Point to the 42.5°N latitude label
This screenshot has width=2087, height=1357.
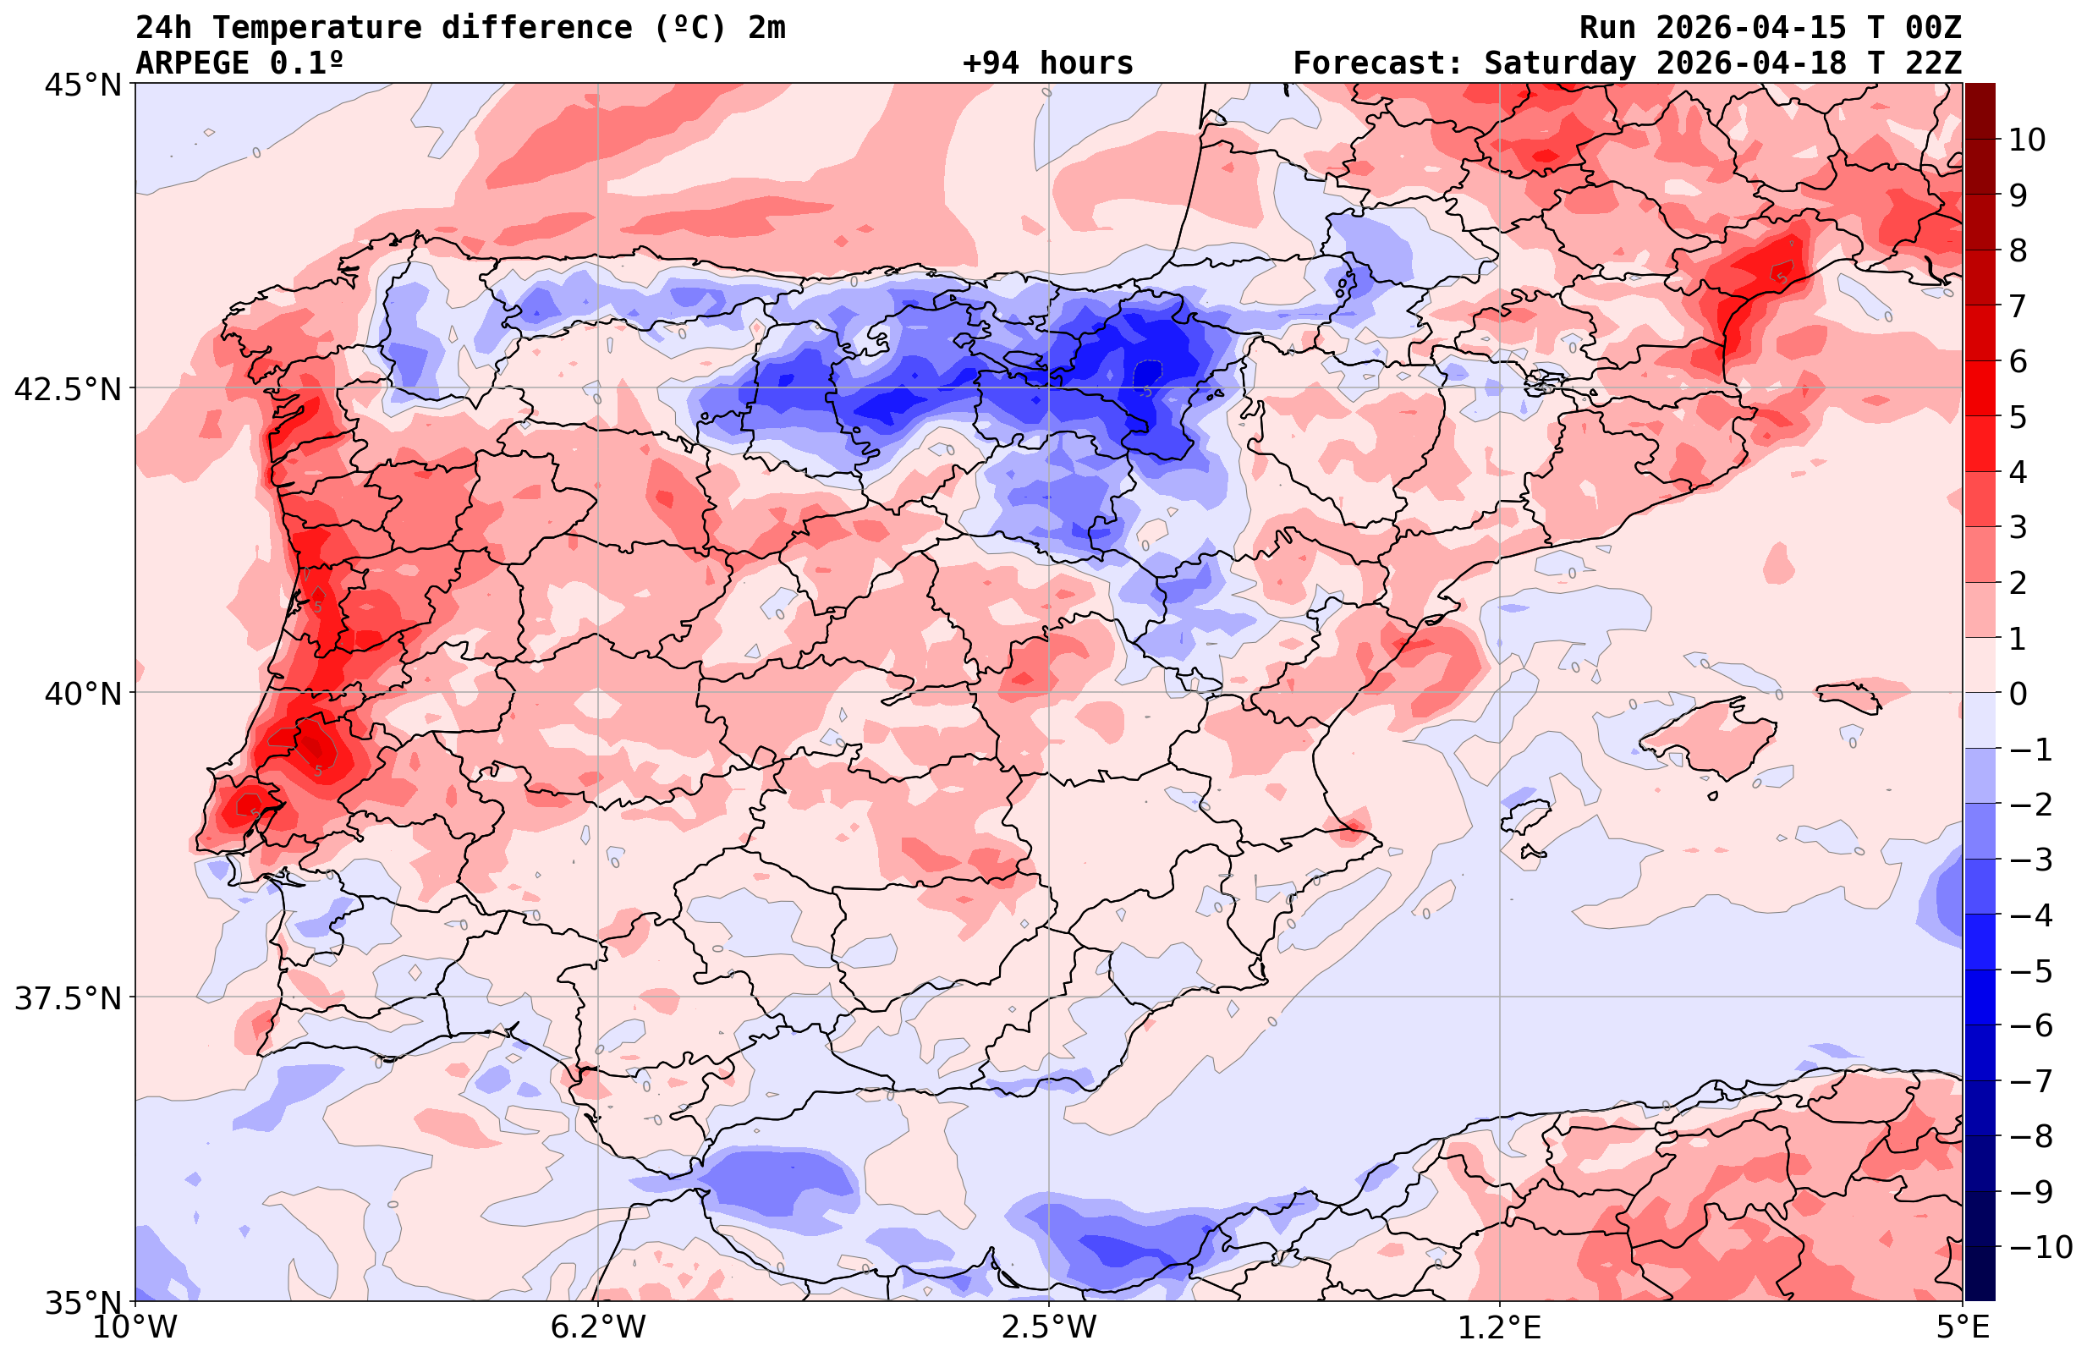[x=67, y=388]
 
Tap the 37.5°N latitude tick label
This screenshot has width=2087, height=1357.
[x=67, y=998]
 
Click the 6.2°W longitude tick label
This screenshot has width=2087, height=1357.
[x=597, y=1327]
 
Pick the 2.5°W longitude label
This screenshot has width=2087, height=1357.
[x=1049, y=1327]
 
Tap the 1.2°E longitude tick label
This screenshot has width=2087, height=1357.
[x=1500, y=1327]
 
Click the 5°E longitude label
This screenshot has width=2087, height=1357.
[x=1963, y=1327]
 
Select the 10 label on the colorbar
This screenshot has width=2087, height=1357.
[x=2026, y=140]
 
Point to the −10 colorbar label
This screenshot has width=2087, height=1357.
[x=2038, y=1246]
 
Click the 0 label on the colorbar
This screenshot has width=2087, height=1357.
[x=2018, y=694]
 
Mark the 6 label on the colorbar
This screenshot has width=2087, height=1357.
[x=2018, y=361]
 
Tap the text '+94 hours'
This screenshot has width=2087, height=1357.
[x=1048, y=63]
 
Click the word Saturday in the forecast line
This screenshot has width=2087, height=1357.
[x=1560, y=63]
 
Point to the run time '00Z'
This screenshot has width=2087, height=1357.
[x=1933, y=28]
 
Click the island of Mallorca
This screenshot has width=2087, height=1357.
[x=1710, y=737]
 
